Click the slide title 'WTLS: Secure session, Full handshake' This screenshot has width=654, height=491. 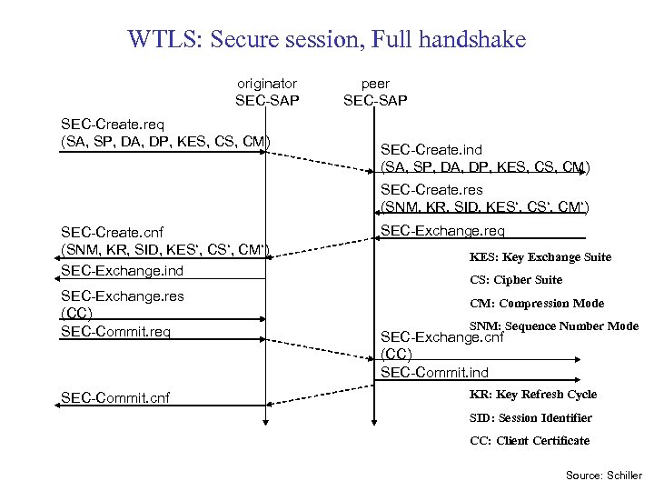(327, 40)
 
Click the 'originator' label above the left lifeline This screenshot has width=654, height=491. (267, 83)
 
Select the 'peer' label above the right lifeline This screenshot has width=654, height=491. (375, 83)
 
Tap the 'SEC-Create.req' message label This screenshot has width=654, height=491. (113, 123)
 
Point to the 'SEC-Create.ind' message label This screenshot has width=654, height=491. (431, 149)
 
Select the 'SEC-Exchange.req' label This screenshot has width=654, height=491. (442, 230)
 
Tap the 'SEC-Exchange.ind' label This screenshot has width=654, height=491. (122, 270)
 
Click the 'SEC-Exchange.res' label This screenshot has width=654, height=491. (122, 296)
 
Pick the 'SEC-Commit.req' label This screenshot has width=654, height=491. (115, 331)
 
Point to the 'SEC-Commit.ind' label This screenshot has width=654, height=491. (434, 372)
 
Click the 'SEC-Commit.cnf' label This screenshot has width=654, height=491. (115, 396)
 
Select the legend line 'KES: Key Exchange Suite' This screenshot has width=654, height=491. (540, 257)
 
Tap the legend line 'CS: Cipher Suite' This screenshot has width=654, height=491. (516, 280)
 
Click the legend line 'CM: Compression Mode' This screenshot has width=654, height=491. (537, 304)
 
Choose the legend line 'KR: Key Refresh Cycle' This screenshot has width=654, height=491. (533, 395)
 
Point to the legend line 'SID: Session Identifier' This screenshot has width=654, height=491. (530, 418)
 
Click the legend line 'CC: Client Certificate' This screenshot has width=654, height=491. (530, 441)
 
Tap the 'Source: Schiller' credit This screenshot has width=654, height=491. (603, 475)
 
